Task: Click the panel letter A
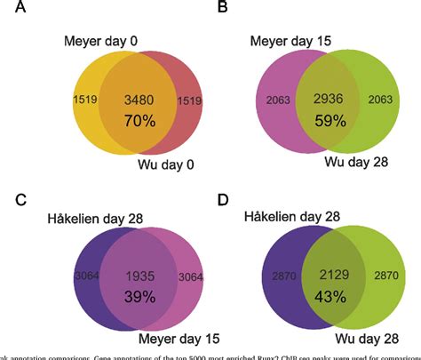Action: click(10, 11)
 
